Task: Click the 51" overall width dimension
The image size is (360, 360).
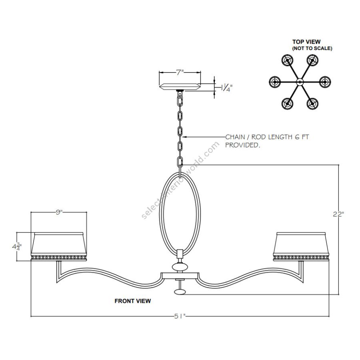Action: click(180, 316)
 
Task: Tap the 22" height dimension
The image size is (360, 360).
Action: click(338, 214)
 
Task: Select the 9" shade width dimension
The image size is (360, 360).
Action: click(59, 212)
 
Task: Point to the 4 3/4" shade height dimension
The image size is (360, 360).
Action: click(17, 247)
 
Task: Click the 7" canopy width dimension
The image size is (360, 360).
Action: click(180, 72)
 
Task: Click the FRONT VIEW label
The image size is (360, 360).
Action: click(133, 301)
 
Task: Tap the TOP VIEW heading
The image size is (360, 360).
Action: click(306, 42)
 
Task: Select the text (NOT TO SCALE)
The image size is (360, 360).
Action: click(312, 48)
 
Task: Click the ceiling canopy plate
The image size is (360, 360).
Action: click(180, 86)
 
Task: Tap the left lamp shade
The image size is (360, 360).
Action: click(59, 246)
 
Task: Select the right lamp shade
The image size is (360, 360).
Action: click(301, 246)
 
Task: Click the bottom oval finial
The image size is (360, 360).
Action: click(180, 292)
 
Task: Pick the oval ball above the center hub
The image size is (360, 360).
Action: click(180, 267)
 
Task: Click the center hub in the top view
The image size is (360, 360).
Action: click(300, 82)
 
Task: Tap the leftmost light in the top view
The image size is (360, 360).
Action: click(274, 82)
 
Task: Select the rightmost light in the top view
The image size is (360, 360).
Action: click(325, 82)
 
